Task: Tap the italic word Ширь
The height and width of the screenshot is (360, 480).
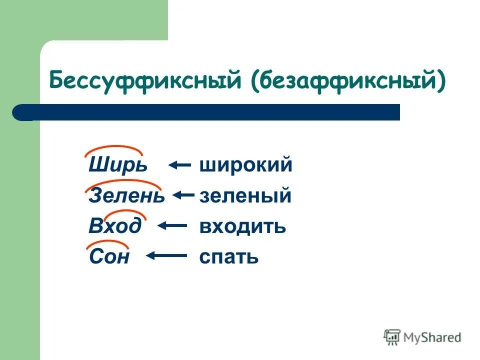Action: [118, 165]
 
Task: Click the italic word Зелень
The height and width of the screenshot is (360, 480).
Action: [126, 196]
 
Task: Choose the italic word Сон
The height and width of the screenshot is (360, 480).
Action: [109, 257]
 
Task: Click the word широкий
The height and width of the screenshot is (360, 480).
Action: [245, 165]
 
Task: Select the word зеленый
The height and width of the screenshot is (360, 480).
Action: [245, 196]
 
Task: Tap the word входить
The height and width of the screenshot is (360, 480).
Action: [242, 226]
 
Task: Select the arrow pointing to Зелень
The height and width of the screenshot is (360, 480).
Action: [183, 195]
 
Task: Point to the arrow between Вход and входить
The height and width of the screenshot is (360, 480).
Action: [172, 226]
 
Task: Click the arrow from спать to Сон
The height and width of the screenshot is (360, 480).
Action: [166, 256]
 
